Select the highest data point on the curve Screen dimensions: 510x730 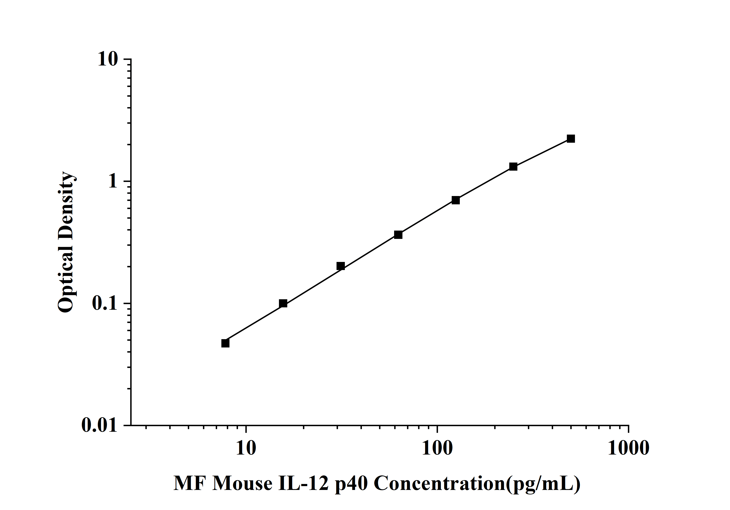point(571,139)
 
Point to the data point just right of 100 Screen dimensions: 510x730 point(456,200)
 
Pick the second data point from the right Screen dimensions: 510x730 point(513,167)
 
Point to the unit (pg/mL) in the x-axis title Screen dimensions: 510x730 point(543,484)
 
